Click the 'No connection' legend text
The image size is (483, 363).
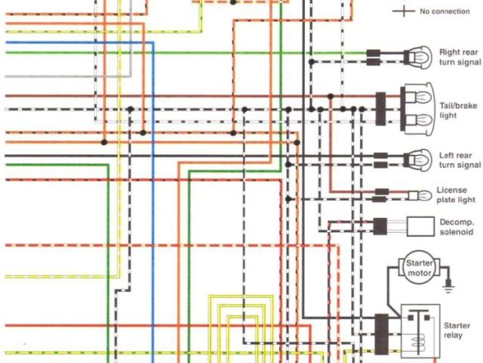click(x=445, y=11)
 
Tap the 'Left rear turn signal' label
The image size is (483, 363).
click(x=460, y=160)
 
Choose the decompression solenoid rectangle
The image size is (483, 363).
click(x=420, y=225)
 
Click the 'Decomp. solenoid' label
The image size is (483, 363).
click(x=457, y=227)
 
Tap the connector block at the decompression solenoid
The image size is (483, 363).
click(x=381, y=225)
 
